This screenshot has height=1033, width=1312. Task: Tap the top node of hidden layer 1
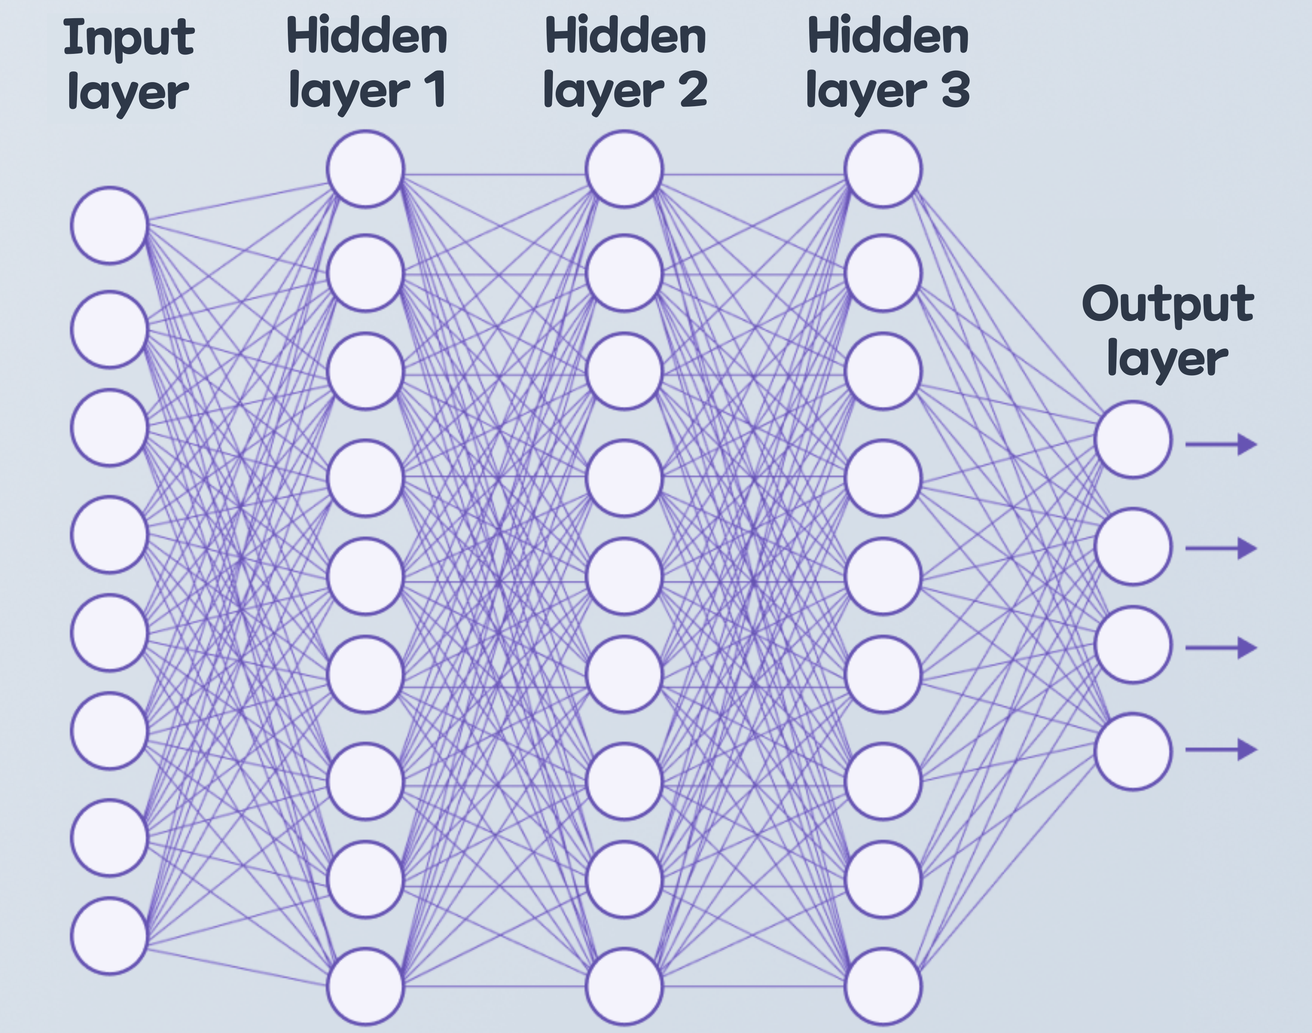tap(366, 169)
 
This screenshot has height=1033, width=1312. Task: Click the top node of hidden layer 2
tap(624, 169)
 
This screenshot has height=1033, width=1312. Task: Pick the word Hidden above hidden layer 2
tap(626, 36)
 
